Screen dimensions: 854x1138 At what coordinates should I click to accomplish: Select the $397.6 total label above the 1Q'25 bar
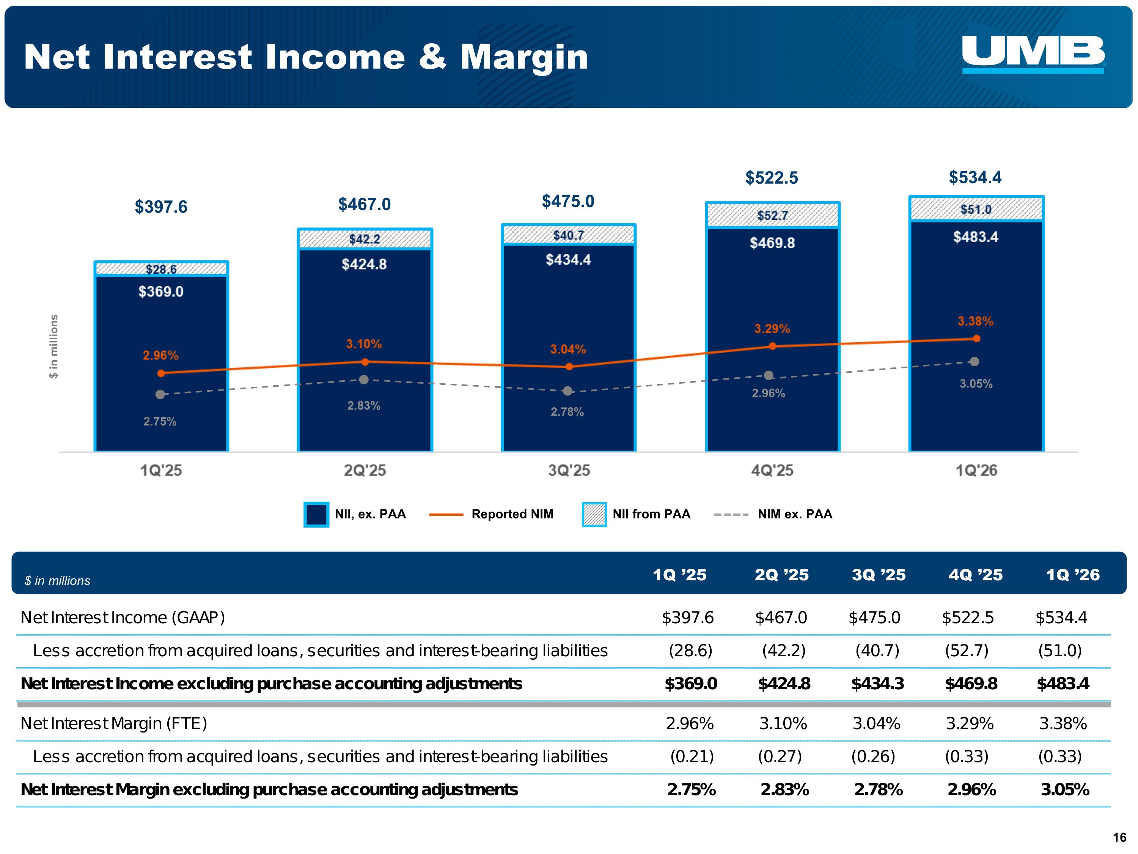(x=161, y=207)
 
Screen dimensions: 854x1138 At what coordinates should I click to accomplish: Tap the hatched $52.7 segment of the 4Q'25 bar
(x=772, y=215)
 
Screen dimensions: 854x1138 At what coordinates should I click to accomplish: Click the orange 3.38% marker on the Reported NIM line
(x=976, y=338)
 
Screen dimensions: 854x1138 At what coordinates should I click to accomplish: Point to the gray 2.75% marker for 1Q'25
(x=160, y=394)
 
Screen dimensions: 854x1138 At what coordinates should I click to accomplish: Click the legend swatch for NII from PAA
(x=594, y=514)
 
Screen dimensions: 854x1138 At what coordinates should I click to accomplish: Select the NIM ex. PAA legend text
(x=795, y=514)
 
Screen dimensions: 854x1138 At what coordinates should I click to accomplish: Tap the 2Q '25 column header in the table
(x=781, y=575)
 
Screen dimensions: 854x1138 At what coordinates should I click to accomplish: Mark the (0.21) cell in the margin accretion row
(x=692, y=756)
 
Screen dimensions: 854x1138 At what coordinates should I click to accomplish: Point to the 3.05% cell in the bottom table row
(x=1064, y=789)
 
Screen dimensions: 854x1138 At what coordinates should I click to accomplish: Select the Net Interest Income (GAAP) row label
(x=123, y=617)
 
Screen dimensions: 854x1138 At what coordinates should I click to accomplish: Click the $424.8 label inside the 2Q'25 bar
(x=364, y=265)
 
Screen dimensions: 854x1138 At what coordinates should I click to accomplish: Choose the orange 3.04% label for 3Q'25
(x=568, y=350)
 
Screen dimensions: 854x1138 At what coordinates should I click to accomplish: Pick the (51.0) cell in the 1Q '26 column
(x=1060, y=651)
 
